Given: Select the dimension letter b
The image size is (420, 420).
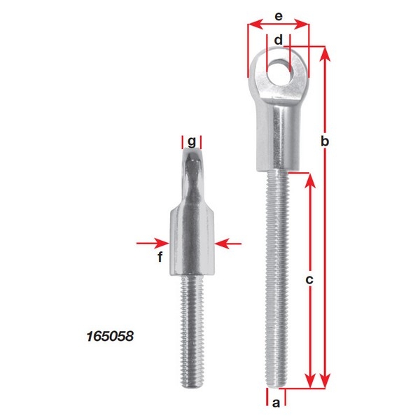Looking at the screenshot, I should click(x=324, y=141).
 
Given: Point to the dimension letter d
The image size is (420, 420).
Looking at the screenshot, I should click(x=279, y=41).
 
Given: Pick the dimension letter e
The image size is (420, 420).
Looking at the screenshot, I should click(x=279, y=15).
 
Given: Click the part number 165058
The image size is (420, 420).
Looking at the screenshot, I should click(x=108, y=337).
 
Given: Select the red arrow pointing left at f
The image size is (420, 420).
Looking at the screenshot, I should click(x=228, y=243).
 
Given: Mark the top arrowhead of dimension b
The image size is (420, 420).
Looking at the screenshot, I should click(x=324, y=52).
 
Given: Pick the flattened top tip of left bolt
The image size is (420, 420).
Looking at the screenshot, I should click(x=191, y=164).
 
